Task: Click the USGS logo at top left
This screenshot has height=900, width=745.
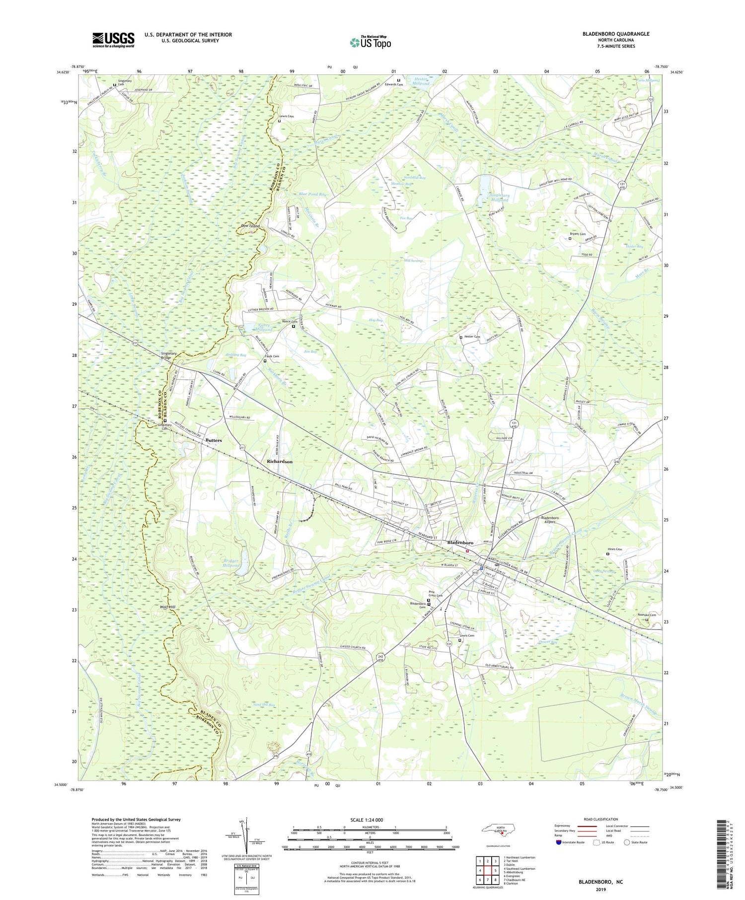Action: click(113, 40)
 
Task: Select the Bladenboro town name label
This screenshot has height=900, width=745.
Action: click(460, 543)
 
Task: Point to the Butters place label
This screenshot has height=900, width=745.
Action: click(214, 440)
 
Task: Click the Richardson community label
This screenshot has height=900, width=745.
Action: click(279, 461)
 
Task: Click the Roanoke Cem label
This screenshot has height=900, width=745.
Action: click(647, 615)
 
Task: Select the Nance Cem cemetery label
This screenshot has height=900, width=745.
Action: click(290, 322)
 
